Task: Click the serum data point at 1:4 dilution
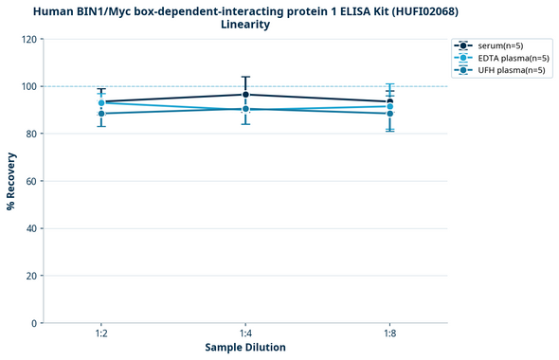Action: pyautogui.click(x=245, y=95)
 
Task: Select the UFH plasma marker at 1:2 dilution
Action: pyautogui.click(x=101, y=114)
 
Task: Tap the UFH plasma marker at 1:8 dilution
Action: pyautogui.click(x=389, y=114)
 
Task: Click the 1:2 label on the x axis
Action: pyautogui.click(x=101, y=334)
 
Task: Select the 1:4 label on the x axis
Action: pyautogui.click(x=245, y=334)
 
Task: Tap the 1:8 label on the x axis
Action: pyautogui.click(x=389, y=334)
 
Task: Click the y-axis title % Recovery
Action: pyautogui.click(x=11, y=181)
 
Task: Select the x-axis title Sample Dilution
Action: pyautogui.click(x=245, y=348)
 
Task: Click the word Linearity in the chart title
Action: pyautogui.click(x=245, y=25)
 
